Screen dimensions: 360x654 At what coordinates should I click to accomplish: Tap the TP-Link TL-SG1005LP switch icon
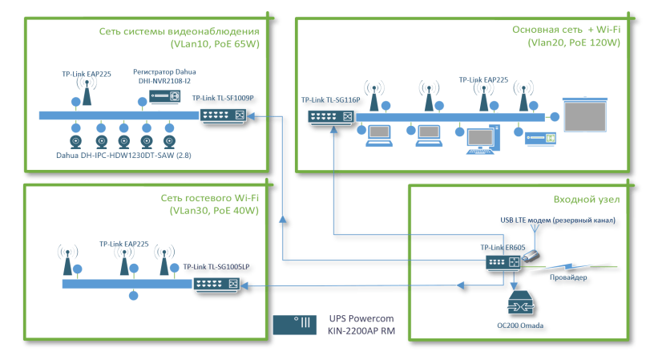click(x=216, y=284)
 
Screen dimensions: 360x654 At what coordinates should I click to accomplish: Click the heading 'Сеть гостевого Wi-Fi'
click(x=210, y=197)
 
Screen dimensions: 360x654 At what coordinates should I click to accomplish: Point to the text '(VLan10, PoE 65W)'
click(x=215, y=44)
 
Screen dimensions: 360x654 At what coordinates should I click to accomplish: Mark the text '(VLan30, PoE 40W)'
click(x=214, y=212)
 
